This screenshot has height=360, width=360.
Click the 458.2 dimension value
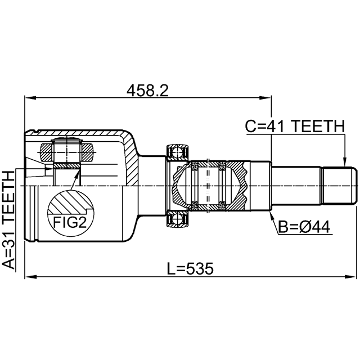(147, 91)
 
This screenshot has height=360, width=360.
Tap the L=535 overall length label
(190, 269)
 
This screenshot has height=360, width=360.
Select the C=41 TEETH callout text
(295, 126)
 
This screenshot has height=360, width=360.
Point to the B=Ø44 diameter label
(304, 227)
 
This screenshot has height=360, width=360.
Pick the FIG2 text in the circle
(70, 222)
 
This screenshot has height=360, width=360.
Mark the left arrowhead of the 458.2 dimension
(30, 98)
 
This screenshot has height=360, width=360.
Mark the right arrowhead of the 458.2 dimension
(265, 98)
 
